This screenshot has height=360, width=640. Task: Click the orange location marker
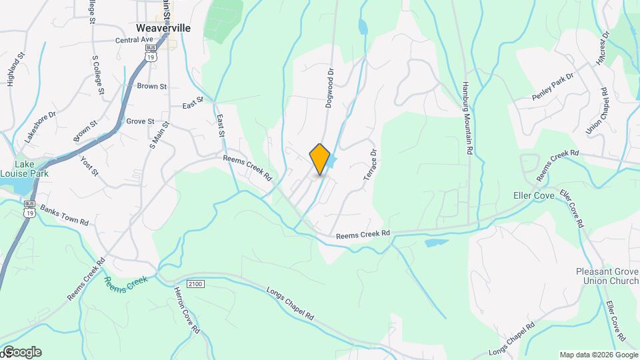tap(320, 159)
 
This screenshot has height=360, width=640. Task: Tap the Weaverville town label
tap(163, 28)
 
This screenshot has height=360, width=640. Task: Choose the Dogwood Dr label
tap(329, 83)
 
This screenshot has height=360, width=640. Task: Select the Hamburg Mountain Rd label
tap(468, 120)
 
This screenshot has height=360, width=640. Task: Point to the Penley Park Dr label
tap(553, 88)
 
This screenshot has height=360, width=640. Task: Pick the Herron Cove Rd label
tap(187, 311)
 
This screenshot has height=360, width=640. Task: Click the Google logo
tap(22, 352)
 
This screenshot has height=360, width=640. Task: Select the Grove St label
tap(140, 121)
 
